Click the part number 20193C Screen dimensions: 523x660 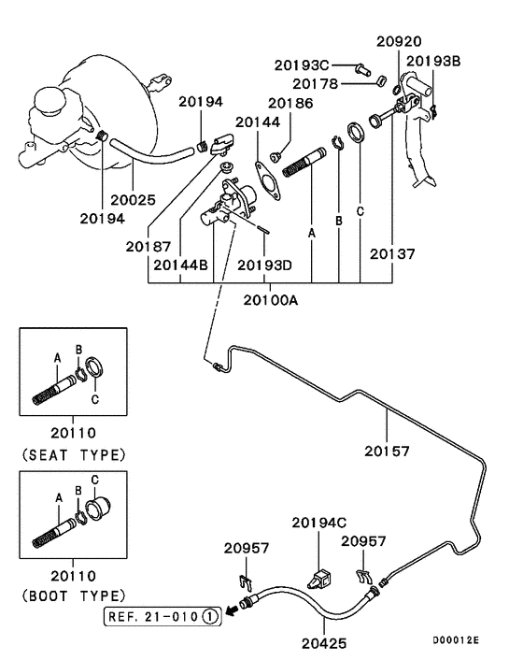(x=302, y=65)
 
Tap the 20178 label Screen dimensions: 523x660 (x=315, y=84)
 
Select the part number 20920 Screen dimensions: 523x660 (x=399, y=41)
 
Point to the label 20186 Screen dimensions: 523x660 (x=290, y=103)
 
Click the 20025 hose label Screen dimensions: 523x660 (x=133, y=199)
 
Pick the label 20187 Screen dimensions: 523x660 (x=148, y=246)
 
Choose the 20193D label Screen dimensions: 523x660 (x=264, y=265)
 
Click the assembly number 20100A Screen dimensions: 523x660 (x=270, y=300)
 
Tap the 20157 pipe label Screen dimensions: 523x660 (x=387, y=452)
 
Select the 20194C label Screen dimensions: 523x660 (x=319, y=523)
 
